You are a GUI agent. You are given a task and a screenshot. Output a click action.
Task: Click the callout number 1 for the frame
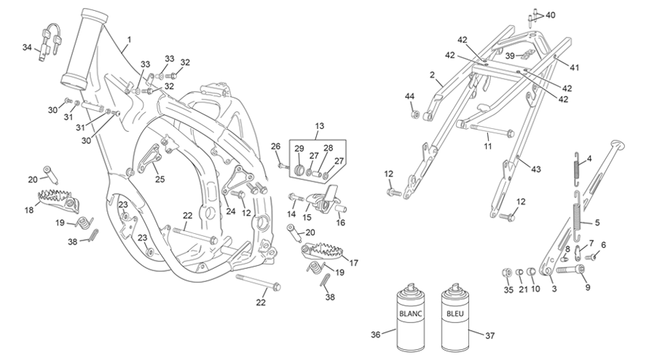click(x=129, y=40)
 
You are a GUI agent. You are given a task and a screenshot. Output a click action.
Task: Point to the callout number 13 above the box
click(x=320, y=126)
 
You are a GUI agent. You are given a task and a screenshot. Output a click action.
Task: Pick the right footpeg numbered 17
click(x=323, y=251)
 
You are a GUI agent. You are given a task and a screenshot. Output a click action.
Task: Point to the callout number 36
click(x=375, y=334)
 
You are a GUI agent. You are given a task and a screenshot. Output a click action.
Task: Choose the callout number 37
click(x=489, y=335)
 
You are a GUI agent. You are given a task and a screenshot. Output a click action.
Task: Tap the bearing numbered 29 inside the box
click(x=299, y=171)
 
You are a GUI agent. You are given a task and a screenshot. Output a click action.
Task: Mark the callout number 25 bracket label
click(x=160, y=179)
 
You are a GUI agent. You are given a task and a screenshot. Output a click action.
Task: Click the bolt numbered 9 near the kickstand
click(x=570, y=270)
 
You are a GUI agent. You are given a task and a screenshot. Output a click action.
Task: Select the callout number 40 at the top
click(x=550, y=15)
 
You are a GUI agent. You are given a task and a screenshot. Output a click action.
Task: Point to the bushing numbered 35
click(x=506, y=273)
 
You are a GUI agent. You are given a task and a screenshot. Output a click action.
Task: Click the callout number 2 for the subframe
click(x=432, y=74)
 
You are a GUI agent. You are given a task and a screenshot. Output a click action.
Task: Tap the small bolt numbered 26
click(x=283, y=165)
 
